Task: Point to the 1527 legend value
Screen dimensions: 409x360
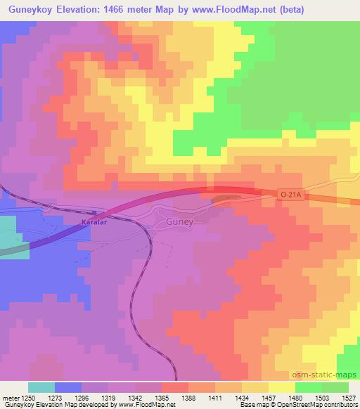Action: (349, 398)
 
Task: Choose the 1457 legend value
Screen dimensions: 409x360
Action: (269, 398)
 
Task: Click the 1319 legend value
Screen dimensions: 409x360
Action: (109, 398)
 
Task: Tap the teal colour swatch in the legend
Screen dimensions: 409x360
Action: (41, 387)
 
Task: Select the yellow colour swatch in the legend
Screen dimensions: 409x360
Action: (282, 387)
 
